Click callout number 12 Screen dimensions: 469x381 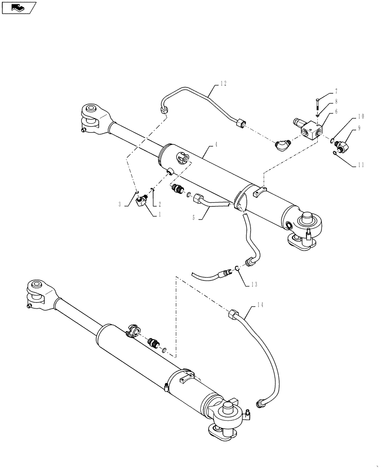tap(223, 84)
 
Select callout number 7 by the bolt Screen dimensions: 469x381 tap(336, 91)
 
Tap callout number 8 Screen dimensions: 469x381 tap(336, 101)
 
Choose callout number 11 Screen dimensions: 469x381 tap(361, 165)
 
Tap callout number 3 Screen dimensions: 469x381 tap(121, 204)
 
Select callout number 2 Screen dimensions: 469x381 tap(160, 204)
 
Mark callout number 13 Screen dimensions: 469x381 tap(254, 284)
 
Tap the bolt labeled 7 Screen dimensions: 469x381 tap(318, 103)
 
